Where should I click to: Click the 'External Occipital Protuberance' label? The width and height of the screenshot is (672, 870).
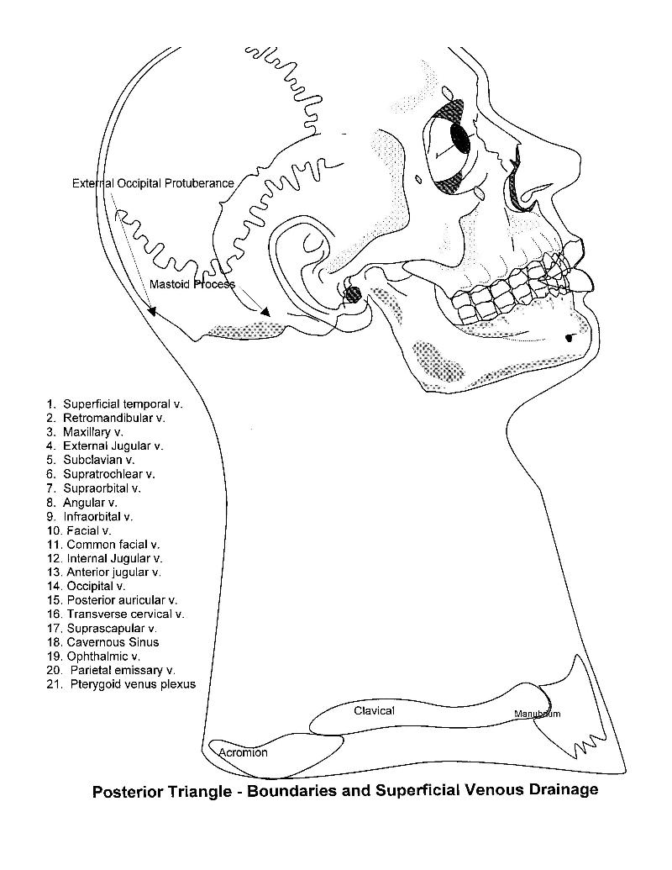pyautogui.click(x=153, y=183)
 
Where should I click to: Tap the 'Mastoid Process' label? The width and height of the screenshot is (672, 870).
pyautogui.click(x=192, y=284)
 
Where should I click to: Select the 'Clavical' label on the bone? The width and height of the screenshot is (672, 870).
pyautogui.click(x=375, y=711)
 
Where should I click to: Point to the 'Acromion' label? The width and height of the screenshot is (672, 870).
pyautogui.click(x=243, y=752)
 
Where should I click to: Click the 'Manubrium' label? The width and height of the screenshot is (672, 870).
pyautogui.click(x=538, y=714)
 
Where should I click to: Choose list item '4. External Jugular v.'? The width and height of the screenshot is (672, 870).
pyautogui.click(x=105, y=446)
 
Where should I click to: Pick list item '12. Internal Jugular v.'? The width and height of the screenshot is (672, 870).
pyautogui.click(x=105, y=559)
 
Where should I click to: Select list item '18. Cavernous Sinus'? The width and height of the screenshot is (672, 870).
pyautogui.click(x=103, y=642)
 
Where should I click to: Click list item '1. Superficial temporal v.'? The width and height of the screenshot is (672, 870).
pyautogui.click(x=115, y=404)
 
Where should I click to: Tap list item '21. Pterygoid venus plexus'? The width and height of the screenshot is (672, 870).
pyautogui.click(x=122, y=684)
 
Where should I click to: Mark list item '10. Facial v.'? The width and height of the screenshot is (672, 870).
pyautogui.click(x=79, y=530)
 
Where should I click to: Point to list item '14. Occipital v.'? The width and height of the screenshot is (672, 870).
pyautogui.click(x=87, y=587)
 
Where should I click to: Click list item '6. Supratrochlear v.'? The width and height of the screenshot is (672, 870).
pyautogui.click(x=101, y=474)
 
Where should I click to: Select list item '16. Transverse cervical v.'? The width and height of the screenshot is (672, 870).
pyautogui.click(x=116, y=614)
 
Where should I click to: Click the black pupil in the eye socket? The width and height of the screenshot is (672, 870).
pyautogui.click(x=459, y=138)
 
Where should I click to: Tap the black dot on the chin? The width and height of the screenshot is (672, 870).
pyautogui.click(x=569, y=338)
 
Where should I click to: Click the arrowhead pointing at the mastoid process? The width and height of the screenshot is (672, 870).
pyautogui.click(x=265, y=311)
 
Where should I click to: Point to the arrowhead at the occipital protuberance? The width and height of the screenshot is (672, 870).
pyautogui.click(x=151, y=311)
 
